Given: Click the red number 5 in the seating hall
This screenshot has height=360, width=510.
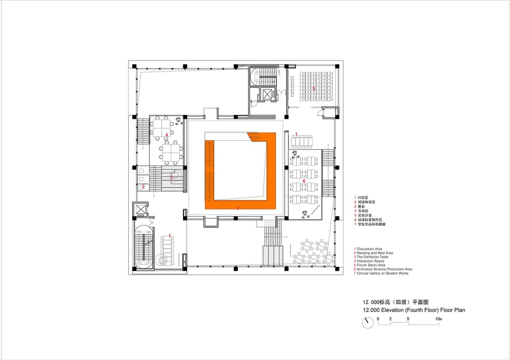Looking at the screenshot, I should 314,88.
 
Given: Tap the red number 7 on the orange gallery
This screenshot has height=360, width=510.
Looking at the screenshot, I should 238,208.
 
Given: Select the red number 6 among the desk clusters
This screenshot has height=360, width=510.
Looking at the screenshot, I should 304,181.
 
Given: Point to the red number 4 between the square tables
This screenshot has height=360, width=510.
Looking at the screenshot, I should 167,135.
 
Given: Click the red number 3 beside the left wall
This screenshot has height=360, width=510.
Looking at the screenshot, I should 143,186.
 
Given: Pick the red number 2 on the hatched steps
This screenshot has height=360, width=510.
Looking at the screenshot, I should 172,177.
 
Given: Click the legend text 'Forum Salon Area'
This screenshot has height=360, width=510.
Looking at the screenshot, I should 371,265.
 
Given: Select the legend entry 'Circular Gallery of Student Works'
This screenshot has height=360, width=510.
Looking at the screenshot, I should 382,273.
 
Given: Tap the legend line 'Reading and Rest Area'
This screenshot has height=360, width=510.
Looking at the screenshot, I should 375,253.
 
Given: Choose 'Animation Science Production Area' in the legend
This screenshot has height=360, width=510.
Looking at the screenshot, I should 384,269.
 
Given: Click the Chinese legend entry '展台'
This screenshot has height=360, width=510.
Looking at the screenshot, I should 361,206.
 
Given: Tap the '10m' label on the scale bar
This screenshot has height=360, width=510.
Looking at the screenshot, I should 439,319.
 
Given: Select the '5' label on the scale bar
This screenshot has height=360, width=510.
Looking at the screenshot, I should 408,319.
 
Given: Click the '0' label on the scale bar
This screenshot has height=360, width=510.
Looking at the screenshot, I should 378,319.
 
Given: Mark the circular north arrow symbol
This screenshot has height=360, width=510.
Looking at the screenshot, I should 368,323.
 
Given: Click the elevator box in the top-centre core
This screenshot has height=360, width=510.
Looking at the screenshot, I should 266,94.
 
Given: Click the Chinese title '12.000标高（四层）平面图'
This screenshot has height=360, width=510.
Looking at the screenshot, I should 395,302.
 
